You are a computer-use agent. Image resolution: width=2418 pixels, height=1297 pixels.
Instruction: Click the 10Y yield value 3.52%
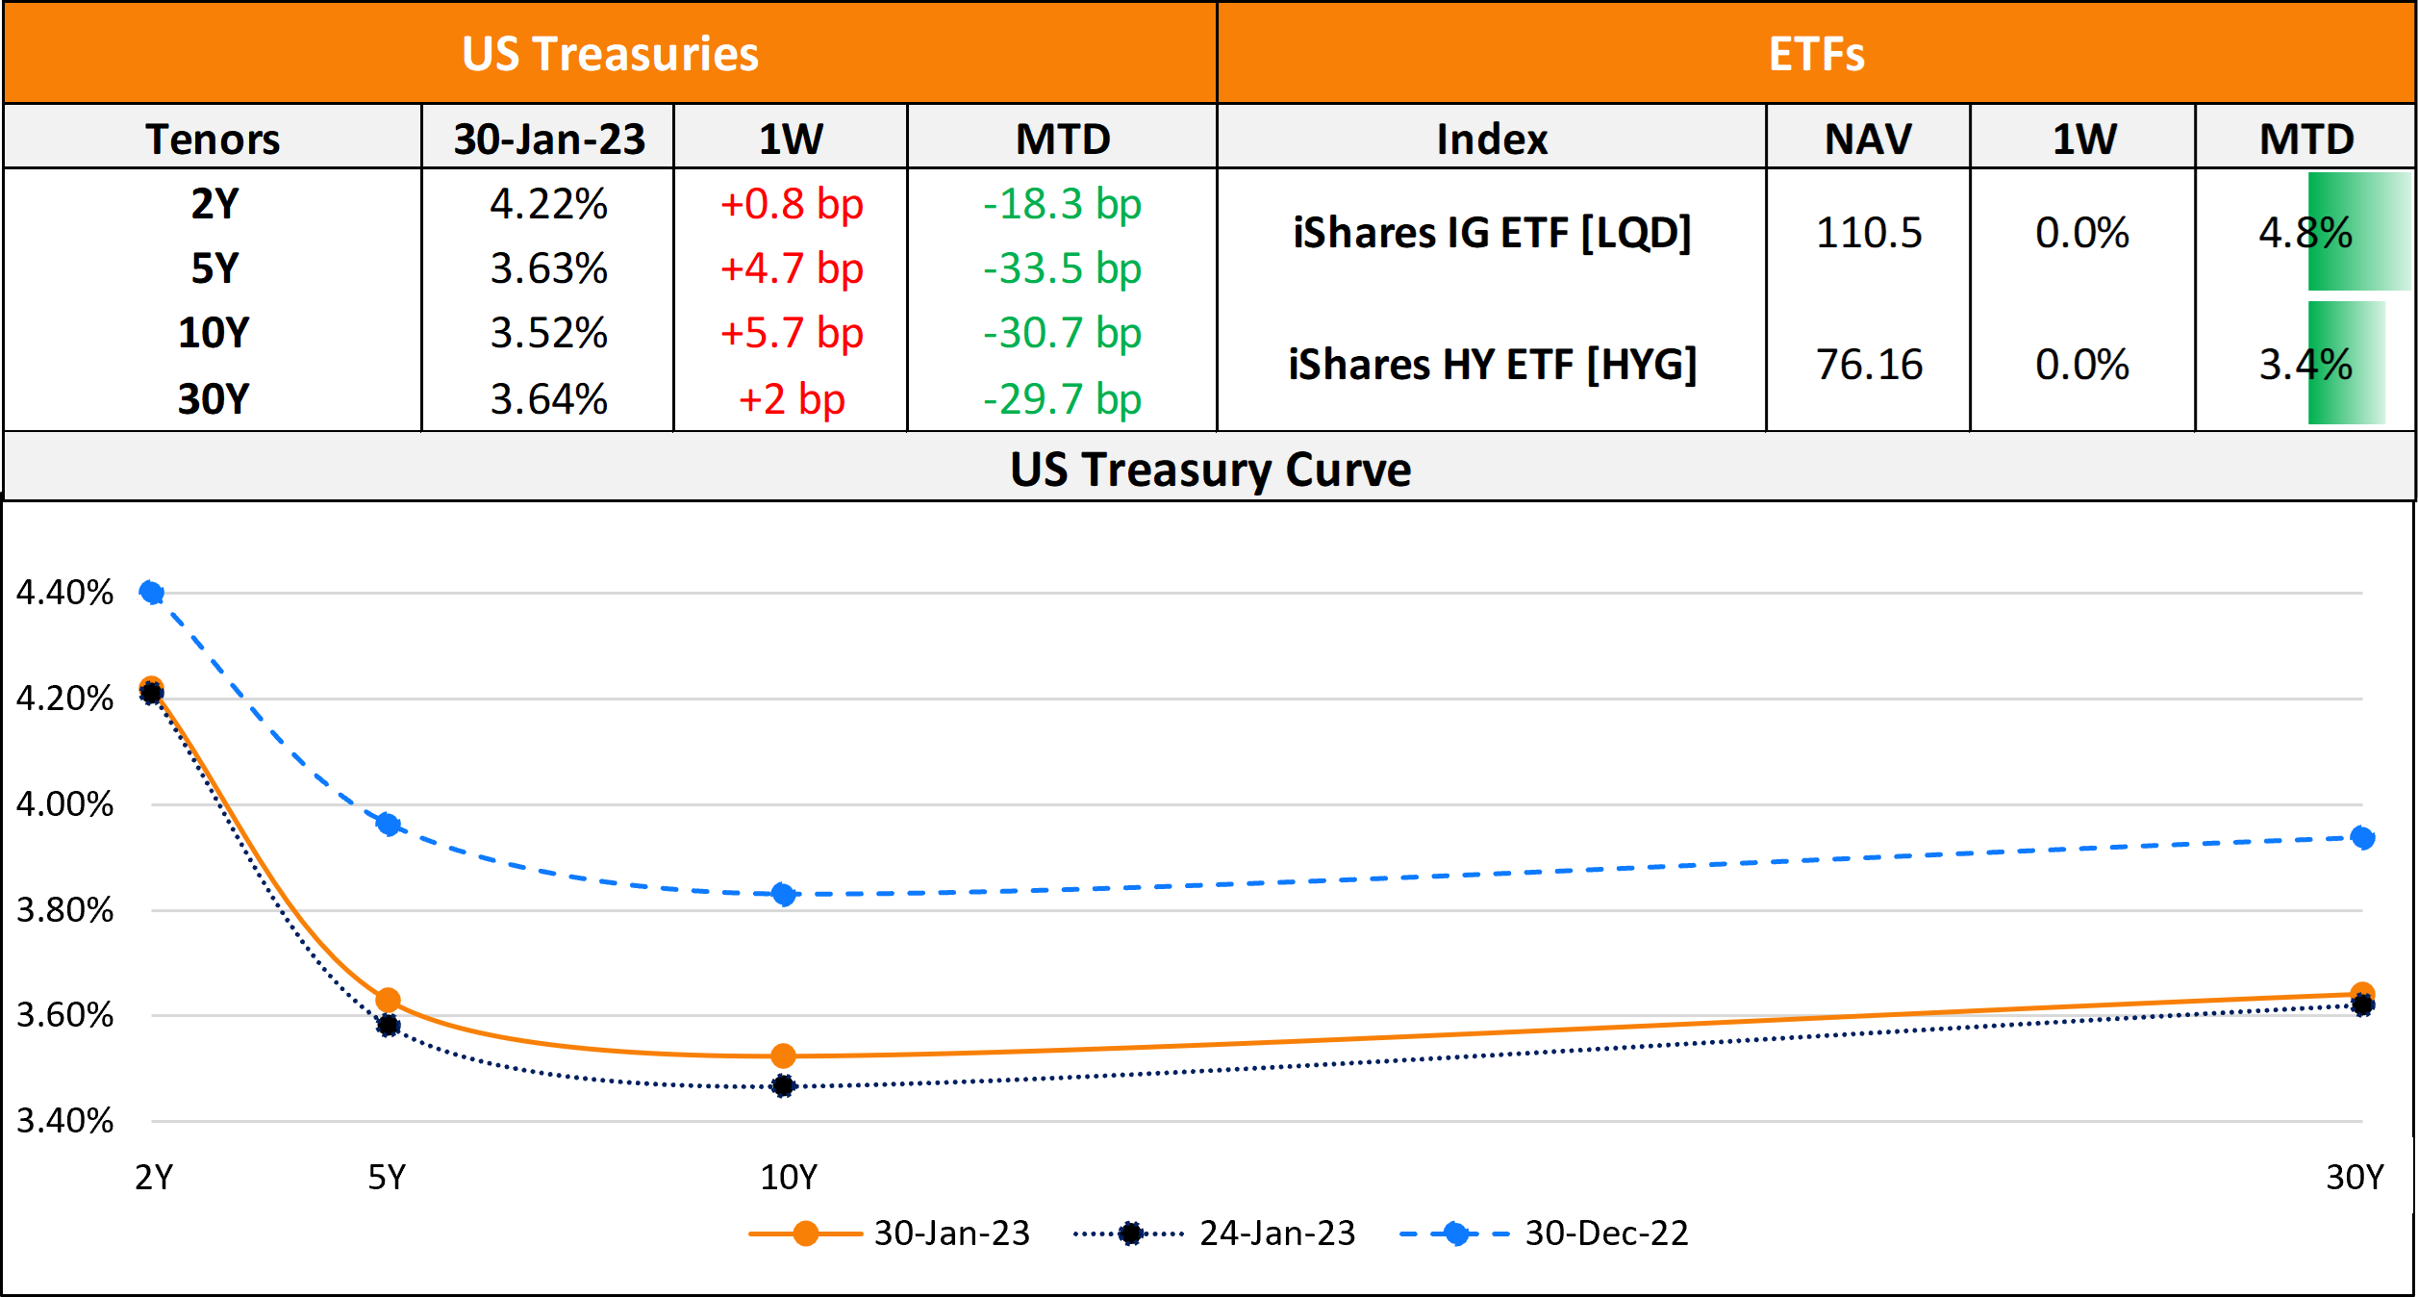(548, 334)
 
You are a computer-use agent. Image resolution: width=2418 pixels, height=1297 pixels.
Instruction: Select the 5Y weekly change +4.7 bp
(792, 268)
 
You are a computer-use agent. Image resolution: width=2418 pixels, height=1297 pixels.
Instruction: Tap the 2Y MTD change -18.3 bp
(1062, 204)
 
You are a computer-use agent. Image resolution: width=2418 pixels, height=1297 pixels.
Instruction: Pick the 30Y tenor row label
(214, 399)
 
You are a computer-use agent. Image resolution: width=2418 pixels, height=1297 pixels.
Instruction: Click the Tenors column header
(213, 140)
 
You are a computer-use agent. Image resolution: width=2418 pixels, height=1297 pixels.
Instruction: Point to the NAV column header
(1868, 140)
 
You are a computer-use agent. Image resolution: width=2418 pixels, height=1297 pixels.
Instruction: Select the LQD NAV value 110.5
(1868, 233)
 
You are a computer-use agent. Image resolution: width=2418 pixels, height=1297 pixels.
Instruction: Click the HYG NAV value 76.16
(1869, 365)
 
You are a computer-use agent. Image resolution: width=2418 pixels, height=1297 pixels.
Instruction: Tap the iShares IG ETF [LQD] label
(1492, 233)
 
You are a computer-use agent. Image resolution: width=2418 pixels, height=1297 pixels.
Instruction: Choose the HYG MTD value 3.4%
(2305, 365)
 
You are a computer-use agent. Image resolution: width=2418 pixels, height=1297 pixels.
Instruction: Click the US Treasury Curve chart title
(1210, 470)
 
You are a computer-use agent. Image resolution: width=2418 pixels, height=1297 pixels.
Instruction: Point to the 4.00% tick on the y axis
(64, 804)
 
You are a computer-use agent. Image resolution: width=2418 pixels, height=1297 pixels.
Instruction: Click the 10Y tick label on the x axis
(789, 1177)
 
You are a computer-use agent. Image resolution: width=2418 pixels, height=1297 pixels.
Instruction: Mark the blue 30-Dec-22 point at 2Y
(151, 592)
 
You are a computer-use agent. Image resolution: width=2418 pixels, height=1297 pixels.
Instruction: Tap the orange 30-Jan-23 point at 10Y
(784, 1056)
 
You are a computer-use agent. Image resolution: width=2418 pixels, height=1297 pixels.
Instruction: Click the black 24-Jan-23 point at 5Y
(388, 1026)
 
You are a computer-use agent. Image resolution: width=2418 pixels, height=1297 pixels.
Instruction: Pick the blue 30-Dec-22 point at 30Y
(2362, 838)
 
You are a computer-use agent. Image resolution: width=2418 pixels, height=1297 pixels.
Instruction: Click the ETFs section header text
(1816, 54)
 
